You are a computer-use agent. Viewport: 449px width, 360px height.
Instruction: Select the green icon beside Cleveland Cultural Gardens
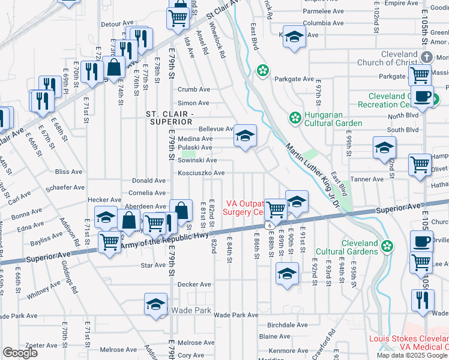[x=388, y=246]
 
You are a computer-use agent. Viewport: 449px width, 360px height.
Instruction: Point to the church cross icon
[x=426, y=57]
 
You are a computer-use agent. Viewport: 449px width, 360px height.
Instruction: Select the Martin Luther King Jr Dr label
[x=312, y=175]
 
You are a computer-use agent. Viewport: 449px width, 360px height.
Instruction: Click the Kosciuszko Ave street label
[x=201, y=173]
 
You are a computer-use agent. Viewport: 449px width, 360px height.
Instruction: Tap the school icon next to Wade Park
[x=155, y=304]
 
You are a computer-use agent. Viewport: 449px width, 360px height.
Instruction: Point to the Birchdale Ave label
[x=288, y=325]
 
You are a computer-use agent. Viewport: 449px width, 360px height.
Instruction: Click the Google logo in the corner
[x=20, y=353]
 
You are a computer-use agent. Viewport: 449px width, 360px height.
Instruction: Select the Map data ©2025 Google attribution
[x=412, y=355]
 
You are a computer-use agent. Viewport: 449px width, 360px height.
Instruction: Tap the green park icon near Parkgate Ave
[x=263, y=71]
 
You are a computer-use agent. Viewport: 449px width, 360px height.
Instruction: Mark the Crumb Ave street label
[x=193, y=89]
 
